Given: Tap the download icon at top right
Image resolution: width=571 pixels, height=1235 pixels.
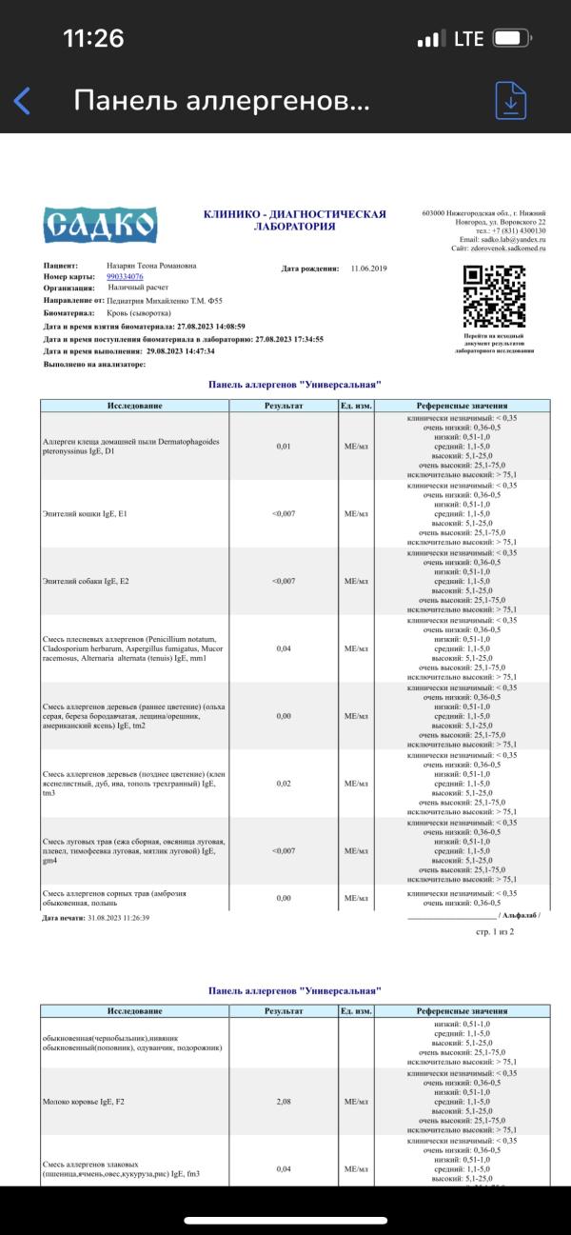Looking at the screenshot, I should point(511,101).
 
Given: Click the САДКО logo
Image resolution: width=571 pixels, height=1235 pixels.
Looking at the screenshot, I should point(100,225).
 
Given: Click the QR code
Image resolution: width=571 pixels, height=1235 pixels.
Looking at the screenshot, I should point(494,296).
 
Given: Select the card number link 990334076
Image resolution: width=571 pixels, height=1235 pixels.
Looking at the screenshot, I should point(125,276).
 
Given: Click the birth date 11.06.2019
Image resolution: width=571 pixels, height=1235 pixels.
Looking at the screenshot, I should point(371,269).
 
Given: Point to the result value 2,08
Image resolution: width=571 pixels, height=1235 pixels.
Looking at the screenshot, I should point(284,1101).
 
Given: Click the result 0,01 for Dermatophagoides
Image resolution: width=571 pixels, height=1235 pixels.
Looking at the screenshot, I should point(284,446).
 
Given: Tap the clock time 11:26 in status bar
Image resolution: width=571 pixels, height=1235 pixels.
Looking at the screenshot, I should point(93,39).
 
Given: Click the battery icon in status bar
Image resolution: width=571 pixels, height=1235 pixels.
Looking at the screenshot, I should point(511,39).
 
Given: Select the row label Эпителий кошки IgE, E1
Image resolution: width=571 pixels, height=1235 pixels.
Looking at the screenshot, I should point(86,513).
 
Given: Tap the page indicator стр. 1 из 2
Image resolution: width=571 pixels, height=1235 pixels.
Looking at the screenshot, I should point(495,932).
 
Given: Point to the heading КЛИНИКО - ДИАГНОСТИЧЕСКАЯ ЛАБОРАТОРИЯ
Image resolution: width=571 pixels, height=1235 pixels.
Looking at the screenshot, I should point(294,221).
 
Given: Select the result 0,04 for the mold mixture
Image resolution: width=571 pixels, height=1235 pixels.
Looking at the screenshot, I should point(284,648).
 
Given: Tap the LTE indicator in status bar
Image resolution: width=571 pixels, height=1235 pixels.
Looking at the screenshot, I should point(469,39).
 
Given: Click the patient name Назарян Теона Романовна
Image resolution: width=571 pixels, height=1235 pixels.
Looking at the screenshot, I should point(152,266).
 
